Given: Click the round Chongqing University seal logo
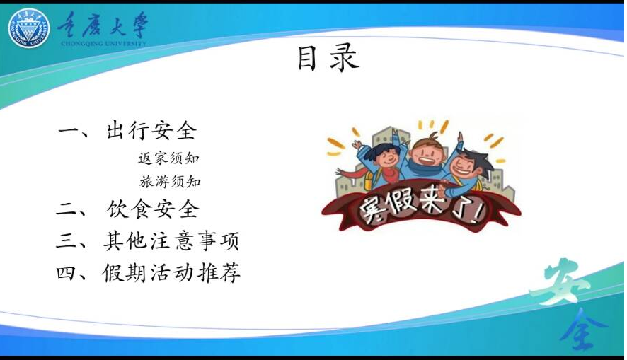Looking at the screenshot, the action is coord(29,28).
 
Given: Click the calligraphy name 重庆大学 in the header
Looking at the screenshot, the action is coord(103,24).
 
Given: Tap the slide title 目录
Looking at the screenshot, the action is coord(328,59).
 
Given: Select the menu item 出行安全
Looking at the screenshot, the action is coord(152,131).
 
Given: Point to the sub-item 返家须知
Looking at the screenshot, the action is coord(168,158).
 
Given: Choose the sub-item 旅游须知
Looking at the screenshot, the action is coord(170,181).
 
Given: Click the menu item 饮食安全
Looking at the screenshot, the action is coord(153,209).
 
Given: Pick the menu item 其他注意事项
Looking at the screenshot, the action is coord(171,241).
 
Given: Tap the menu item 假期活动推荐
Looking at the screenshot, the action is coord(171,273).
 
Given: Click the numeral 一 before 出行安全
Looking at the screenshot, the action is coord(69,131).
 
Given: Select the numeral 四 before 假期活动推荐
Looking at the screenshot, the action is coord(67,273).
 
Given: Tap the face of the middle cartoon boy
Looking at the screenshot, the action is coord(426,154).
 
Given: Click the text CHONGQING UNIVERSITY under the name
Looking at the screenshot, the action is coord(103,43).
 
